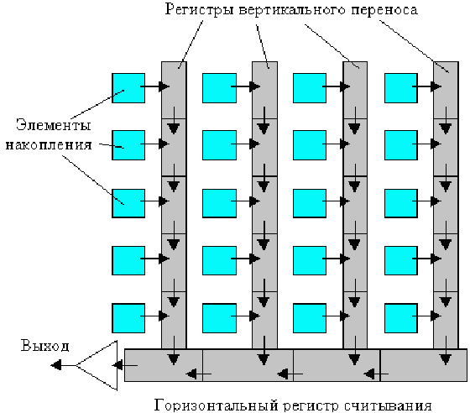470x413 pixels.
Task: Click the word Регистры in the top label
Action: [199, 9]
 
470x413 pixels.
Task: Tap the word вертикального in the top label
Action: [292, 10]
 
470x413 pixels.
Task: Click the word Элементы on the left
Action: [54, 125]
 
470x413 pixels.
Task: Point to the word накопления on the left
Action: [49, 145]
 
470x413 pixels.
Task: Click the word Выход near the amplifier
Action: [45, 346]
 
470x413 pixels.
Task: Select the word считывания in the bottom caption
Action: [388, 405]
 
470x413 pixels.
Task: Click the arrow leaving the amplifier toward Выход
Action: [63, 365]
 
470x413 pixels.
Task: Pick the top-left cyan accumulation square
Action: [128, 88]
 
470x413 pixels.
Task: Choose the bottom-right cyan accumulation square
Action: [401, 318]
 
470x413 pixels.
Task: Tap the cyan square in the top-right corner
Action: [401, 88]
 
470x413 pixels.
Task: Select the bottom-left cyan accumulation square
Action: [128, 318]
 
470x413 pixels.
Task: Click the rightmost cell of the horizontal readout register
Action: [424, 365]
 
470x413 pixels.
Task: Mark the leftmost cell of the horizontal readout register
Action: [164, 365]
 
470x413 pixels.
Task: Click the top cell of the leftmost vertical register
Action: [174, 90]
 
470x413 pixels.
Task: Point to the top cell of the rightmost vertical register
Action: [446, 90]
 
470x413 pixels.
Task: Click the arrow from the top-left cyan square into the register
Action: [155, 86]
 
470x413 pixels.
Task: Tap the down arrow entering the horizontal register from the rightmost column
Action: [446, 350]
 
